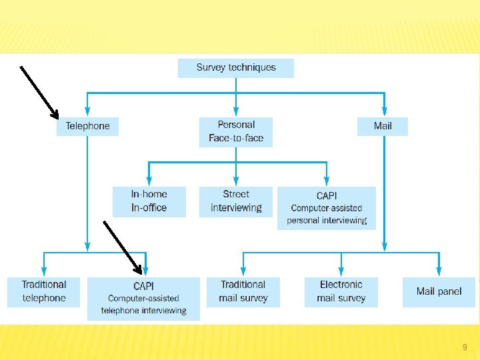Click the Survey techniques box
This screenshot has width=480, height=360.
pyautogui.click(x=235, y=68)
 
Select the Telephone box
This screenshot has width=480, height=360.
pyautogui.click(x=87, y=126)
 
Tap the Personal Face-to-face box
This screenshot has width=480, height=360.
pyautogui.click(x=236, y=132)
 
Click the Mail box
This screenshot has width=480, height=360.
pyautogui.click(x=383, y=126)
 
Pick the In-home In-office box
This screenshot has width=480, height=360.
pyautogui.click(x=149, y=201)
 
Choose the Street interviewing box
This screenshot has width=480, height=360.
pyautogui.click(x=236, y=201)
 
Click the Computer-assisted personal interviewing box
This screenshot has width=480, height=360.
pyautogui.click(x=327, y=208)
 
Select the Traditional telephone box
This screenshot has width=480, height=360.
pyautogui.click(x=44, y=291)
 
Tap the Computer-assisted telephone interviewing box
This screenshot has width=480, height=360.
pyautogui.click(x=143, y=299)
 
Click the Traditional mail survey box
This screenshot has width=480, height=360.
pyautogui.click(x=243, y=291)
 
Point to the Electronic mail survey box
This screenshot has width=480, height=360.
pyautogui.click(x=341, y=291)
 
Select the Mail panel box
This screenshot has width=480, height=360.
pyautogui.click(x=439, y=291)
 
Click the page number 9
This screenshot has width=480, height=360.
pyautogui.click(x=465, y=347)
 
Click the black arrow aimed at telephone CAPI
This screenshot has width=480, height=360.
pyautogui.click(x=124, y=247)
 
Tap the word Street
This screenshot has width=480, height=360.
pyautogui.click(x=236, y=194)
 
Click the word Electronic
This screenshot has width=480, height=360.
pyautogui.click(x=341, y=285)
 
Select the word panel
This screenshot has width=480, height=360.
pyautogui.click(x=449, y=291)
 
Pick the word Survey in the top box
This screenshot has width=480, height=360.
pyautogui.click(x=211, y=67)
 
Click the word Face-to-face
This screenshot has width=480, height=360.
pyautogui.click(x=236, y=139)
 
